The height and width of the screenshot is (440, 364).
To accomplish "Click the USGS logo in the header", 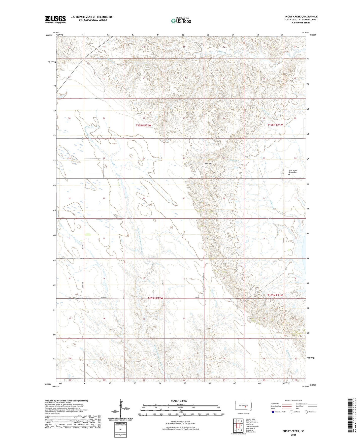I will point(55,19).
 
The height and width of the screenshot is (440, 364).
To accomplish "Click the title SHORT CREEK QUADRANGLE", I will point(301,17).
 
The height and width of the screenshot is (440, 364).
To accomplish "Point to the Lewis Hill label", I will point(208,164).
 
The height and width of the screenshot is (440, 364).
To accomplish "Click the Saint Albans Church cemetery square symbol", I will point(289,174).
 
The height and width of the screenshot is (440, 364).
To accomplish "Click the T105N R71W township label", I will point(275,295).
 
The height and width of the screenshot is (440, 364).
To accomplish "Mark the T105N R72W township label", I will point(155,298).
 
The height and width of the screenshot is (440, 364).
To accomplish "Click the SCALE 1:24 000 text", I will point(179,401).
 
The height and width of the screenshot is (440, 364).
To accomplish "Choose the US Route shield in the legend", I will point(292,412).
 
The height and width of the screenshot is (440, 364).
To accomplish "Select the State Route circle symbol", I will point(306,412).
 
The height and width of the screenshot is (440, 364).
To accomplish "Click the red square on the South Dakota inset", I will point(245,406).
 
